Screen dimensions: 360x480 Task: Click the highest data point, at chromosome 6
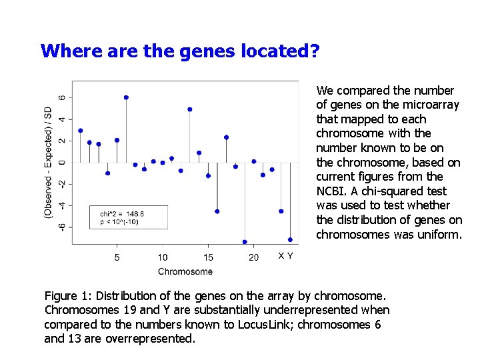click(x=126, y=97)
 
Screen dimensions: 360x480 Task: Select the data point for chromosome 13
click(x=190, y=109)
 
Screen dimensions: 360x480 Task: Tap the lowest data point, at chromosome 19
click(x=245, y=242)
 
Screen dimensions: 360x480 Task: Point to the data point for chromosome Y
click(x=290, y=239)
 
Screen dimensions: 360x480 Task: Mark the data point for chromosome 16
click(x=217, y=211)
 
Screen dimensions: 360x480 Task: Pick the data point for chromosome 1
click(x=81, y=131)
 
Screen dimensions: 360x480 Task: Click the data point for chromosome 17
click(x=227, y=137)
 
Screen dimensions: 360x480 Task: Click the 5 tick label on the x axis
click(x=117, y=257)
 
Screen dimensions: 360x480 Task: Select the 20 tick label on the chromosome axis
click(x=254, y=257)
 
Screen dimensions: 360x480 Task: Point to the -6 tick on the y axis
click(x=63, y=227)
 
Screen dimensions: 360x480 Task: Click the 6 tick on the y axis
click(x=63, y=97)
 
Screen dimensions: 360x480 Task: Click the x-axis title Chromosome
click(x=185, y=271)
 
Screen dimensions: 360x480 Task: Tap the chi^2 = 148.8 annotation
click(x=122, y=213)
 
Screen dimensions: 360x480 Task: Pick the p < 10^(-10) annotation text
click(x=119, y=222)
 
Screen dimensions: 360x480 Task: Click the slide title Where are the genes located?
click(x=180, y=51)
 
